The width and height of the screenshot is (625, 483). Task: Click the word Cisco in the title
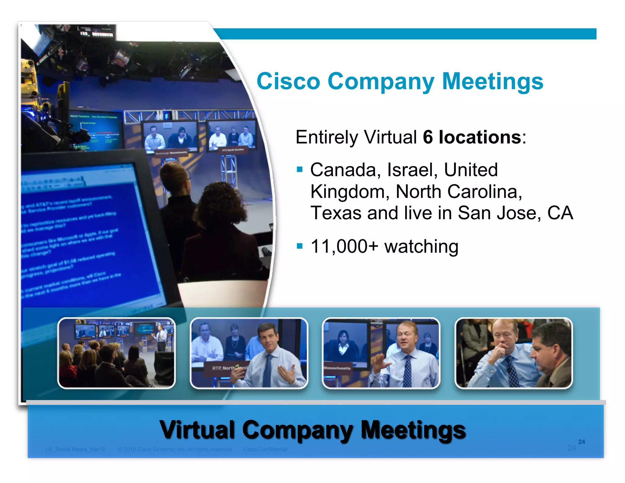288,82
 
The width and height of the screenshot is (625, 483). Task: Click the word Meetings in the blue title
492,82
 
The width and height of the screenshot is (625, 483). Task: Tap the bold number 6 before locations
428,137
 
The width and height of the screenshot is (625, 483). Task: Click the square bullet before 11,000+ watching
299,246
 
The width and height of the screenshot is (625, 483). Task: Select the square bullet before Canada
299,169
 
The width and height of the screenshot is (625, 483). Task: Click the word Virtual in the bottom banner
197,430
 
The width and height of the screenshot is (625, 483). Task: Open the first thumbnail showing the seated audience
116,353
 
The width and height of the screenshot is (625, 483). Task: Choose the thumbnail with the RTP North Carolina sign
249,353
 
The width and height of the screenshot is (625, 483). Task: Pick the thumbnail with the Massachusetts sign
381,353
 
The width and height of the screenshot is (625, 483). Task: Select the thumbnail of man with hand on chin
513,353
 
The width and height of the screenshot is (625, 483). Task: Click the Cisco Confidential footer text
265,449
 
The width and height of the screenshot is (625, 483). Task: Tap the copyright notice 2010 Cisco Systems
175,449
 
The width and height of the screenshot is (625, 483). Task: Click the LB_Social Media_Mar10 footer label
75,449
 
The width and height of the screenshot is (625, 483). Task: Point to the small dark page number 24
581,442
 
